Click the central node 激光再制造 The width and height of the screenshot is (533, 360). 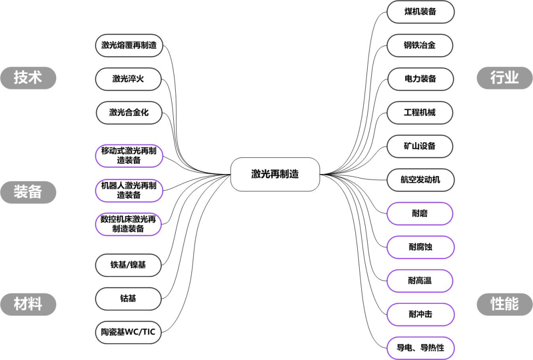[x=275, y=174]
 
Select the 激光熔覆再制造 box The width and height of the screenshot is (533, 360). [x=129, y=45]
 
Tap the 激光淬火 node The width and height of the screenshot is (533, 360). [x=128, y=79]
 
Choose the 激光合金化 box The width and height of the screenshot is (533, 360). [x=129, y=112]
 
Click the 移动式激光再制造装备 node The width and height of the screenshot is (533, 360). [x=129, y=156]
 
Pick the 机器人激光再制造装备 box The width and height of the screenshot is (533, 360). [x=129, y=190]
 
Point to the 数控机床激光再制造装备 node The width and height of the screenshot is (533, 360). [x=128, y=224]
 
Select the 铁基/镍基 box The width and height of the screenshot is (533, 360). [x=128, y=265]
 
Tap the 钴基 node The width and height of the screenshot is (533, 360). [x=128, y=299]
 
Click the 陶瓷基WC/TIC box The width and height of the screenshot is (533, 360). [x=128, y=332]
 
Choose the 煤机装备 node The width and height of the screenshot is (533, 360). [x=420, y=12]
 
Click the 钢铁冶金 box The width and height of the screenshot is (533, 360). [x=420, y=45]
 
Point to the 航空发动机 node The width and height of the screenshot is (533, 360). [x=420, y=180]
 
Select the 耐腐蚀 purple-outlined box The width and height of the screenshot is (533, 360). [x=420, y=247]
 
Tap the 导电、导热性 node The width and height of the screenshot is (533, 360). [x=420, y=348]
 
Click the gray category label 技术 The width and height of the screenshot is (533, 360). [x=28, y=78]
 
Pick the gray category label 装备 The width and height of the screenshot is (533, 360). [x=28, y=192]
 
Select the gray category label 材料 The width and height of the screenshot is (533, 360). [x=28, y=304]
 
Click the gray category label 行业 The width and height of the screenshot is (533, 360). [x=505, y=78]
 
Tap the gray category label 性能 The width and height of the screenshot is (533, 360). [x=505, y=304]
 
